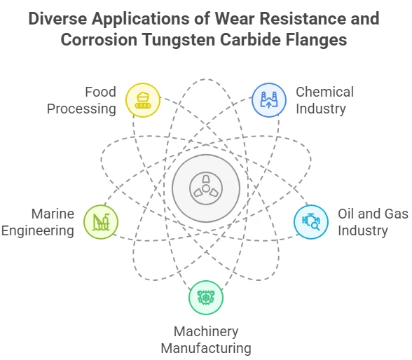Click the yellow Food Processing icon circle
[143, 100]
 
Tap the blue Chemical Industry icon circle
[269, 100]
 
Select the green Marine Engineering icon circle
[101, 222]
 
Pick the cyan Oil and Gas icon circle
[311, 222]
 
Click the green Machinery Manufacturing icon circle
[206, 298]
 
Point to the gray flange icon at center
[206, 188]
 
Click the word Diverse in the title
[57, 19]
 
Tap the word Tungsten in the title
[179, 40]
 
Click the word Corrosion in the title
[99, 40]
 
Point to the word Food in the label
[100, 92]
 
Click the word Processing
[81, 109]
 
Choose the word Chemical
[325, 92]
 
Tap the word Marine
[53, 214]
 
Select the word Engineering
[38, 231]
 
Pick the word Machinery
[206, 332]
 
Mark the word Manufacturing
[206, 349]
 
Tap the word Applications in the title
[141, 19]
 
